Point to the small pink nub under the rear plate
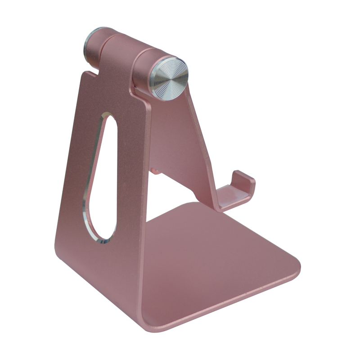pos(156,171)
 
